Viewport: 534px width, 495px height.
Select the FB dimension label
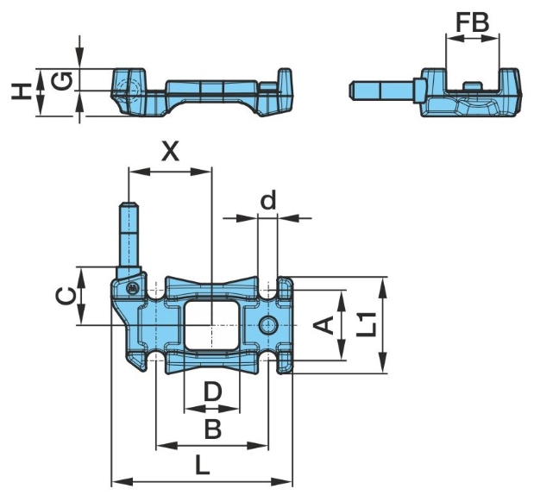point(472,22)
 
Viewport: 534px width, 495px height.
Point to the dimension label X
point(171,152)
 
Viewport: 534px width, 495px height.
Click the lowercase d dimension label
point(268,201)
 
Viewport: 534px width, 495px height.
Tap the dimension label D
point(212,392)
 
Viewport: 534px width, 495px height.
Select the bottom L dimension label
point(202,466)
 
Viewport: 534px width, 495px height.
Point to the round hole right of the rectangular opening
point(269,324)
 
